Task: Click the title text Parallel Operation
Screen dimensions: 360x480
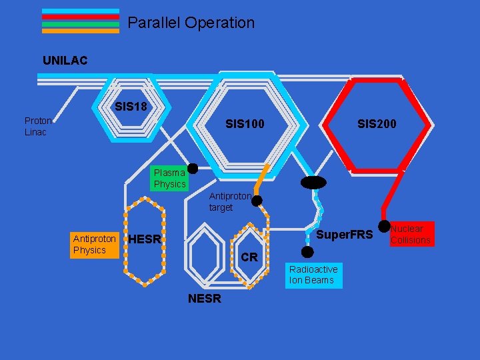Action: point(191,23)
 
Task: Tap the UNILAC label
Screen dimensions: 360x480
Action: point(65,61)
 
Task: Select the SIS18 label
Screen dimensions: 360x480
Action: point(131,107)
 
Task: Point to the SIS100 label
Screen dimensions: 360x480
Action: point(245,124)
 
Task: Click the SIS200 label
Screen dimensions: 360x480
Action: point(377,124)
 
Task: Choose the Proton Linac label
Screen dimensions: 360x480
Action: point(38,126)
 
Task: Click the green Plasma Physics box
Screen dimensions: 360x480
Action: point(169,178)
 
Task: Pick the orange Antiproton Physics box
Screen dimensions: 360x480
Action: point(94,244)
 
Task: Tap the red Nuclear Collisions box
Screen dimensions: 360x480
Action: point(411,234)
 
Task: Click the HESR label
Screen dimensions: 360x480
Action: point(144,239)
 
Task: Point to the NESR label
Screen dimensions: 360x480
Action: point(204,299)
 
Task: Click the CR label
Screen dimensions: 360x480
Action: point(249,257)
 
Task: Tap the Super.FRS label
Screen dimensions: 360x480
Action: point(344,235)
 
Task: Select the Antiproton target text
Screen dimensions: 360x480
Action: point(230,202)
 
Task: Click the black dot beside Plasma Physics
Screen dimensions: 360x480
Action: point(193,168)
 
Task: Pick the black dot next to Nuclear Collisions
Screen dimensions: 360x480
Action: point(384,227)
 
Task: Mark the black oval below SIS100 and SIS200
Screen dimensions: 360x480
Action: point(313,182)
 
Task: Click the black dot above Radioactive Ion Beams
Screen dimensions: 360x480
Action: point(307,252)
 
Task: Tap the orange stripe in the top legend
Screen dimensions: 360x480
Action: point(81,31)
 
